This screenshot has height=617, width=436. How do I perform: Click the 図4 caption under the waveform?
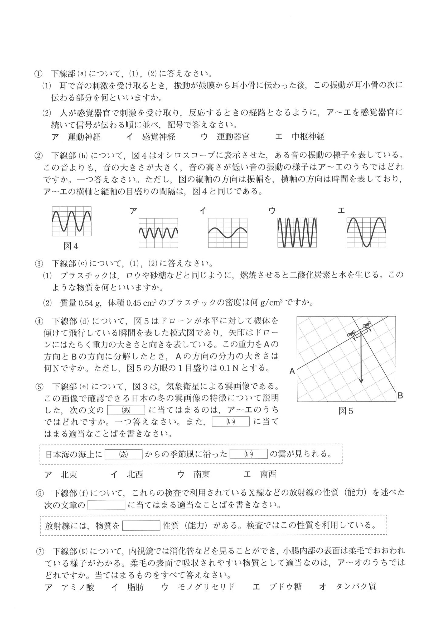[x=71, y=246]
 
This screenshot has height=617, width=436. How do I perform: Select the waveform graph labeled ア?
[x=158, y=233]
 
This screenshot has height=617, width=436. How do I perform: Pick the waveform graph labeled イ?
[x=228, y=233]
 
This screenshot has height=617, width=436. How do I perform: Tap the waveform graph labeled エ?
[x=366, y=232]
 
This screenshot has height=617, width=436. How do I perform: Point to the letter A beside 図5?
[x=292, y=371]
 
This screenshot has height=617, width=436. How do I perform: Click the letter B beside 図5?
[x=400, y=396]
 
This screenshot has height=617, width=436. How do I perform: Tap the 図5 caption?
[x=346, y=411]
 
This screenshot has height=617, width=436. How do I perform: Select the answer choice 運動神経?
[x=84, y=137]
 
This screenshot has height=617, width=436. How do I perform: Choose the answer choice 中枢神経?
[x=308, y=137]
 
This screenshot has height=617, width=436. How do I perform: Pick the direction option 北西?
[x=135, y=474]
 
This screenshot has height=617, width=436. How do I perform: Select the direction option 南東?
[x=201, y=474]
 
